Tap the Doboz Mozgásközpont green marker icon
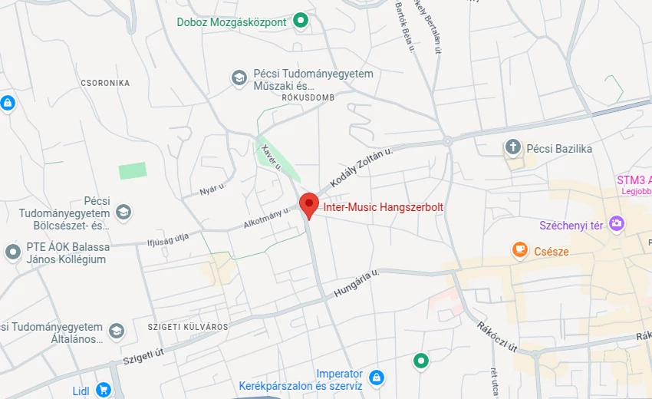click(x=301, y=21)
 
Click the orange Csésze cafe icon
click(x=520, y=249)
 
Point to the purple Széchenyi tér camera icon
click(x=616, y=223)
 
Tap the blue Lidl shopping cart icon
click(x=104, y=391)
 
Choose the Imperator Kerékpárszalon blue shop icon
click(x=376, y=377)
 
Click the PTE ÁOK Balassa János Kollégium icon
click(x=12, y=251)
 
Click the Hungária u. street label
click(x=357, y=283)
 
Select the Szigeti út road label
click(x=143, y=354)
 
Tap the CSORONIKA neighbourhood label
click(x=106, y=83)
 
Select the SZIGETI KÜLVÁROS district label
click(x=188, y=327)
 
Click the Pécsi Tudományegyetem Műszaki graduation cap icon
click(x=239, y=77)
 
